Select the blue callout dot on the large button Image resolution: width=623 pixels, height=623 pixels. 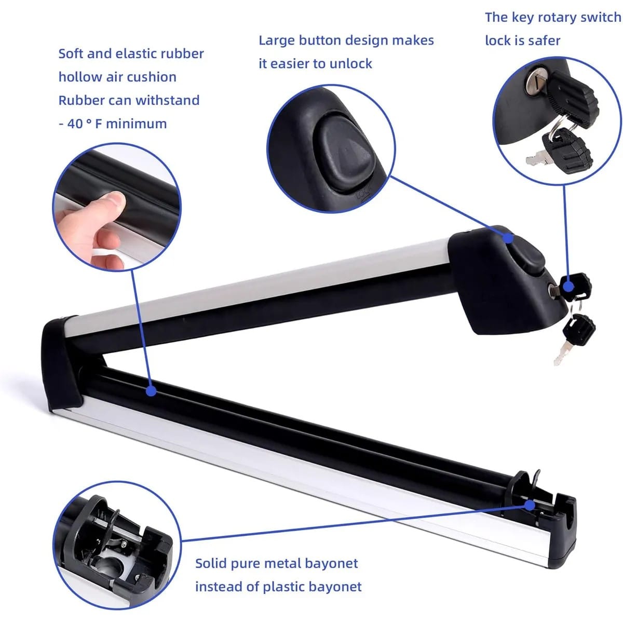pos(509,238)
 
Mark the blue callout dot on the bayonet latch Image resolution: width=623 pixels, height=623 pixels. pos(530,505)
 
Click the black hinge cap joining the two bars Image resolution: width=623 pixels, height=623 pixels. pos(61,364)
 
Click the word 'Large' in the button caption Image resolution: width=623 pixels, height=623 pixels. pos(277,40)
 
